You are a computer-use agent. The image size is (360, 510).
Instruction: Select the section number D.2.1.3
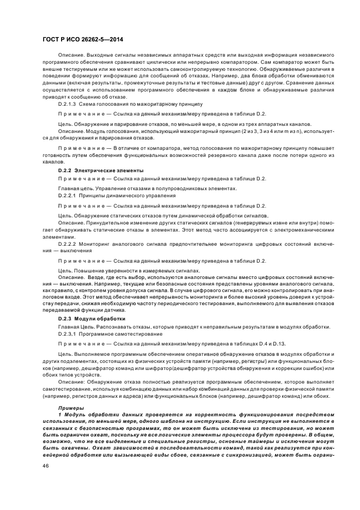coord(67,103)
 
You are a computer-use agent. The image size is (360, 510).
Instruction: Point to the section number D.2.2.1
coord(67,195)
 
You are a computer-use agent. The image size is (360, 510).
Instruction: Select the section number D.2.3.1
coord(67,333)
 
